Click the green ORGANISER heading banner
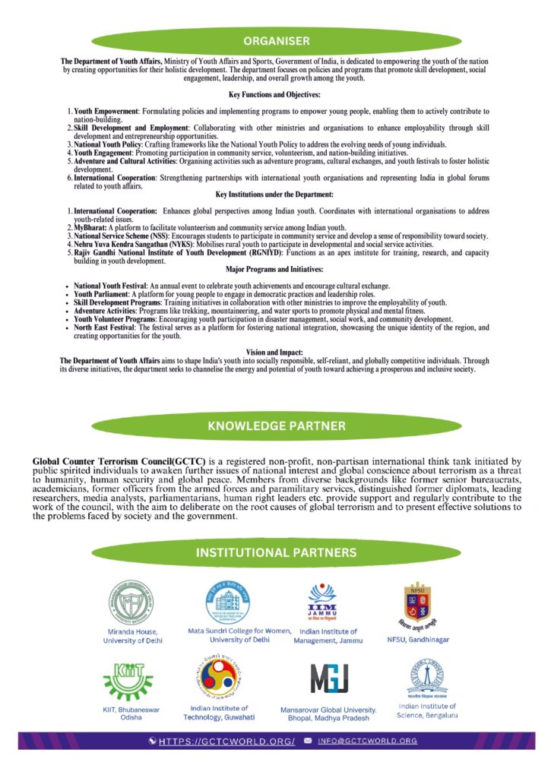tap(276, 40)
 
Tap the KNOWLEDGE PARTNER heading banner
tap(276, 426)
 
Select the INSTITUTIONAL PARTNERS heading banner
tap(276, 552)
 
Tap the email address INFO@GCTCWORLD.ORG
tap(367, 741)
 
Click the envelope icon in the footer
tap(308, 741)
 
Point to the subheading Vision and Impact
tap(275, 352)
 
